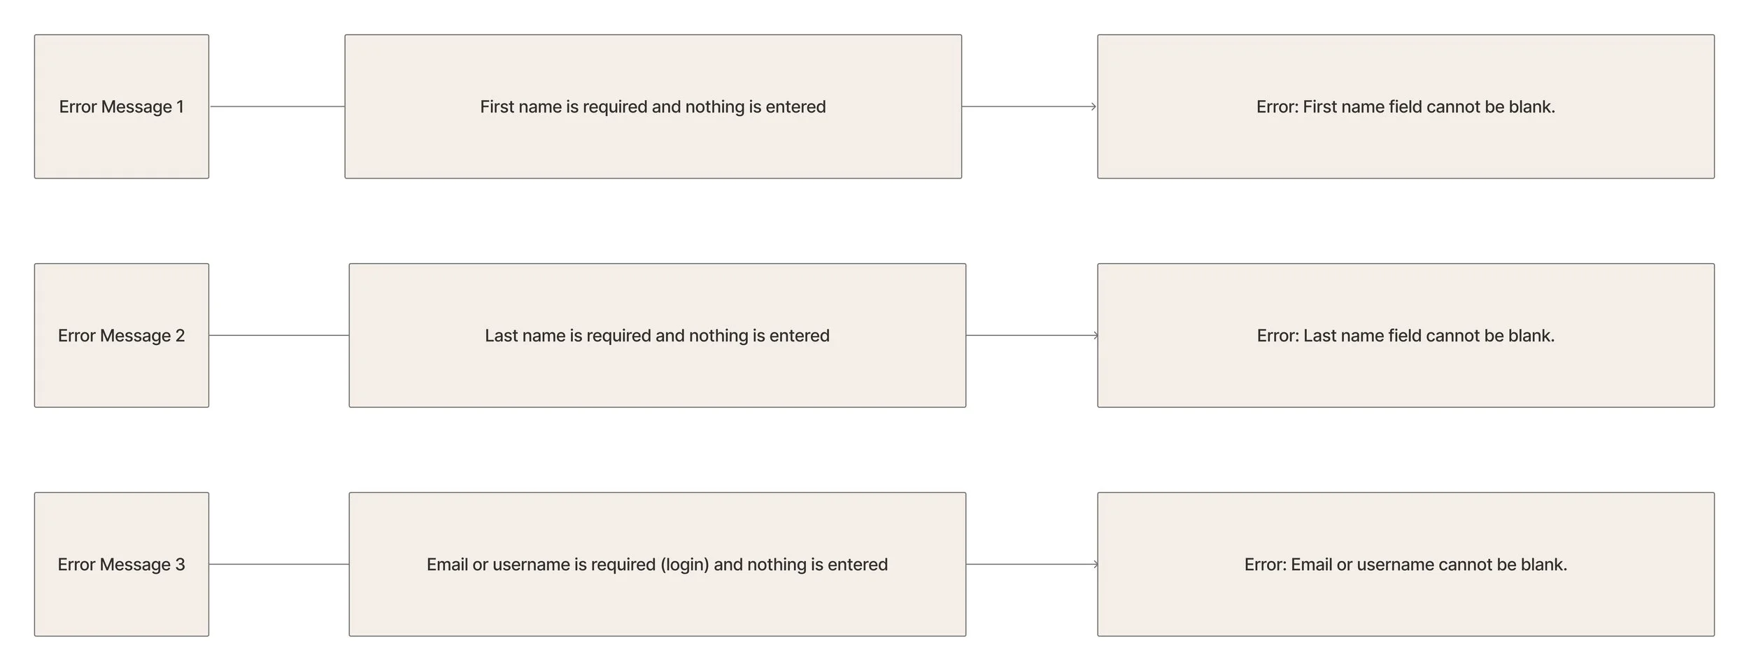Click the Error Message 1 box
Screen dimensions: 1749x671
point(122,106)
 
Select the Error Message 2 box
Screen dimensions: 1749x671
point(122,335)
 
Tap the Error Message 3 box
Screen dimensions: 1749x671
point(122,564)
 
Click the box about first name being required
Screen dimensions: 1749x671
point(653,106)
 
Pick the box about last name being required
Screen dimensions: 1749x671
point(658,335)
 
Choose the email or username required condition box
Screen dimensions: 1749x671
point(658,564)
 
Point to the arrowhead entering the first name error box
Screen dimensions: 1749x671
point(1093,106)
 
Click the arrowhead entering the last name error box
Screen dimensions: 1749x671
point(1095,335)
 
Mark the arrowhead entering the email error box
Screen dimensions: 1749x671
point(1095,564)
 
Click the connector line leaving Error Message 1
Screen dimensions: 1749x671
point(277,106)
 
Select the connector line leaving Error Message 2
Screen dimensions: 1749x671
point(279,335)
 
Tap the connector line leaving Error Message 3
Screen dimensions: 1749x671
point(279,564)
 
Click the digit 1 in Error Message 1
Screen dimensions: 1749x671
point(180,107)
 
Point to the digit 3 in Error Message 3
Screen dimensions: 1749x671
point(180,565)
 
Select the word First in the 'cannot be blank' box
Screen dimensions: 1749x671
point(1319,107)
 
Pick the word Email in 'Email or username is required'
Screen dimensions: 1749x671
point(447,565)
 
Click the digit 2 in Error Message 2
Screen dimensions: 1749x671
point(180,336)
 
